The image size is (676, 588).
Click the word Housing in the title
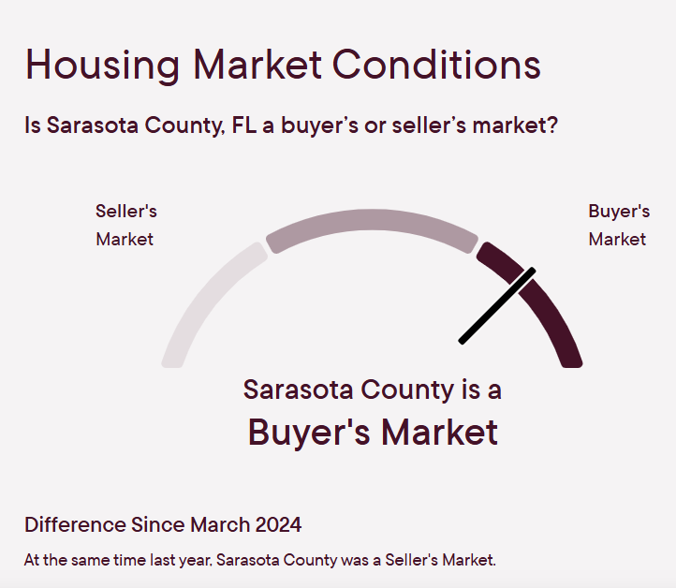point(102,66)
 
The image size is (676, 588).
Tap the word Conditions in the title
point(436,64)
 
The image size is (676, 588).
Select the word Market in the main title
point(257,64)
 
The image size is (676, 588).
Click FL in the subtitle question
point(244,125)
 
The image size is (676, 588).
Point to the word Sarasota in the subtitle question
point(93,125)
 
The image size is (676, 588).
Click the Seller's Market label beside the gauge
point(125,225)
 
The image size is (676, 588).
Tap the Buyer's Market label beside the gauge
point(619,225)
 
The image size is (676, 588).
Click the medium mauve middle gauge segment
point(372,221)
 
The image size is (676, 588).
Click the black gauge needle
point(497,306)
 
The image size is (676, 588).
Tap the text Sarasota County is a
point(372,390)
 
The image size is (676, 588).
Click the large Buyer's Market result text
point(373,433)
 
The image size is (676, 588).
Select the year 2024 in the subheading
point(278,524)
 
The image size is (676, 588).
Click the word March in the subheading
point(220,524)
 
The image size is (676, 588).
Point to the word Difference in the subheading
point(76,524)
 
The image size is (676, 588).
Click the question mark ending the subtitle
point(553,125)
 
